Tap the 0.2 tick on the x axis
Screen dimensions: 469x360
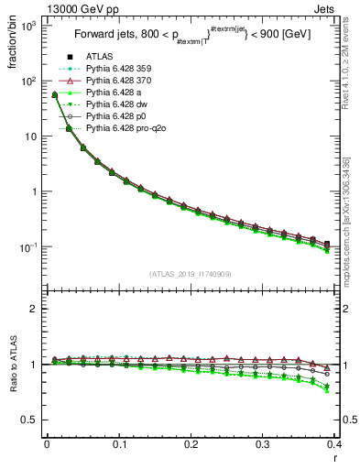pyautogui.click(x=191, y=446)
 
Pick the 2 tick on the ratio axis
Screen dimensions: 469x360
pyautogui.click(x=35, y=309)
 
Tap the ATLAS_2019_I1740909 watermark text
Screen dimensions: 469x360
pyautogui.click(x=191, y=274)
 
